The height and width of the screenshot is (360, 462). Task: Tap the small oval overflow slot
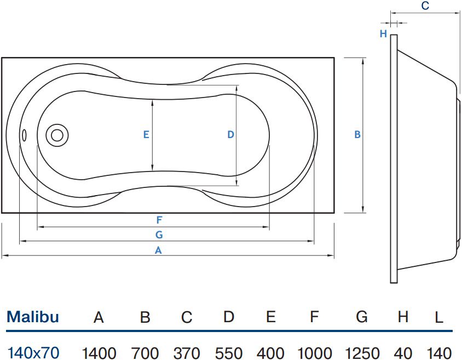[25, 135]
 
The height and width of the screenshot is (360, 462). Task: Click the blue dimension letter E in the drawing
[146, 135]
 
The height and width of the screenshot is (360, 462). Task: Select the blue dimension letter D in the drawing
[230, 135]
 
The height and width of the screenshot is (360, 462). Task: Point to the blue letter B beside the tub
[357, 135]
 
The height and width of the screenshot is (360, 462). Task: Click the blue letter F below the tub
[159, 220]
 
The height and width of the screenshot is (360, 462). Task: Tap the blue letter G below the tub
[159, 235]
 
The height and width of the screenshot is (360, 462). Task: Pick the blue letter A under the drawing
[158, 250]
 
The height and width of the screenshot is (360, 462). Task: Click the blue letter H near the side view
[383, 33]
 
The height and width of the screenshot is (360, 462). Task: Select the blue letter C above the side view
[425, 5]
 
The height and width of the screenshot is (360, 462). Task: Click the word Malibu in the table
[33, 317]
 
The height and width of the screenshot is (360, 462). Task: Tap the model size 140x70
[33, 353]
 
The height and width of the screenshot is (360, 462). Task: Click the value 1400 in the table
[99, 353]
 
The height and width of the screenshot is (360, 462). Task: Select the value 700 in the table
[145, 353]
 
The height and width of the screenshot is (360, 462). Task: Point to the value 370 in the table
[187, 353]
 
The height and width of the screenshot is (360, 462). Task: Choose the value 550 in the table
[229, 353]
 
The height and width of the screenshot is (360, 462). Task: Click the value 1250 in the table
[362, 353]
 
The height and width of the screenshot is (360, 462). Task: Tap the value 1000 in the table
[315, 353]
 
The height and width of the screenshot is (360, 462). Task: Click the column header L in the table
[439, 318]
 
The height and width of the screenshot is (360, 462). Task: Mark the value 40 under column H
[403, 353]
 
